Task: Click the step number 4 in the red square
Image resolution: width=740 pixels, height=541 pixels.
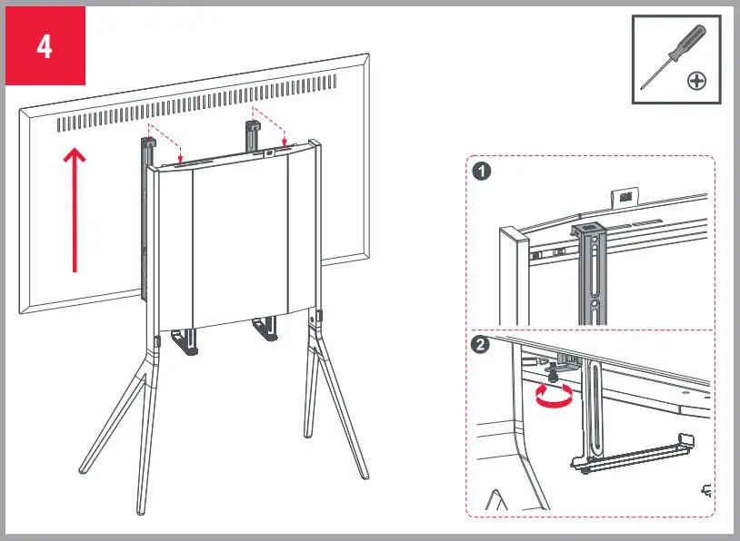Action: (x=45, y=46)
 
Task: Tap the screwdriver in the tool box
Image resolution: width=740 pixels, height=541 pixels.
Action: (x=673, y=54)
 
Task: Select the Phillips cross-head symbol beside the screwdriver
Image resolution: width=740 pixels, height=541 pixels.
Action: (x=696, y=82)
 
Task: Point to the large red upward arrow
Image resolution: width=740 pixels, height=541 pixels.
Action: (x=75, y=209)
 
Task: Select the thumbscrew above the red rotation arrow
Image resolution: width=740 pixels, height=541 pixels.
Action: (x=551, y=370)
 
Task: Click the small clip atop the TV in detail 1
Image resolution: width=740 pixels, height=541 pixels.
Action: (x=625, y=195)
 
